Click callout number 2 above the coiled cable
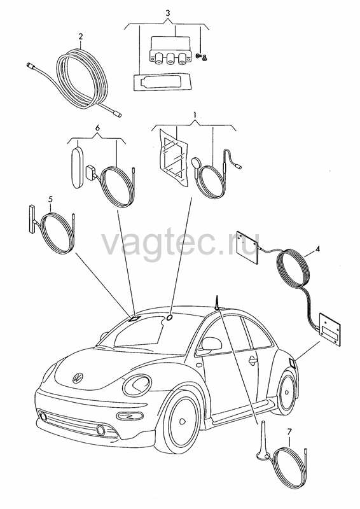pos(81,36)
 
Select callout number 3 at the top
pos(167,13)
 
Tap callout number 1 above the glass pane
pos(195,115)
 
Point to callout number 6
pos(97,128)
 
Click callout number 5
pos(50,199)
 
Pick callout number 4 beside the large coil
pos(318,249)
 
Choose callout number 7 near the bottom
pos(289,431)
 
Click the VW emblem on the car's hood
pos(78,377)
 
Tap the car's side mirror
pos(211,344)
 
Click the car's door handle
pos(253,360)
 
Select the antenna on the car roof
pos(216,303)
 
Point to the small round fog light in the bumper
pos(100,431)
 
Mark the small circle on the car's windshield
pos(170,317)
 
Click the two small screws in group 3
pos(202,57)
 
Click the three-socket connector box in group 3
pos(169,50)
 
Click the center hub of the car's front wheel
pos(183,421)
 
